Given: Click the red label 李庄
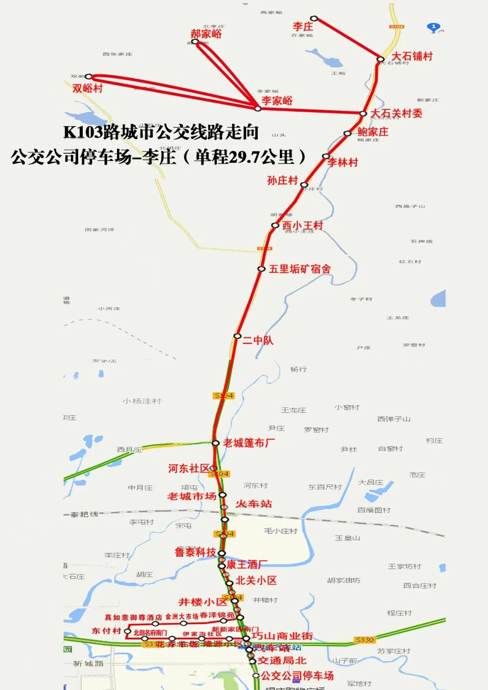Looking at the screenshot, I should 303,27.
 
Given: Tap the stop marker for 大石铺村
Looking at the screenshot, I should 380,59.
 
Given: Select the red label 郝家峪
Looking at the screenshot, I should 206,33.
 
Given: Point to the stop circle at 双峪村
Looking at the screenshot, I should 89,77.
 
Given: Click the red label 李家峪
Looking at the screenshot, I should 277,101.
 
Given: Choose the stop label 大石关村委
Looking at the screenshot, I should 396,113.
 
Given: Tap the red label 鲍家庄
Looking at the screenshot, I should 373,132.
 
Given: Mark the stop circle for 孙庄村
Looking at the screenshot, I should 304,185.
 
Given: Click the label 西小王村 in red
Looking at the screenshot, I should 303,225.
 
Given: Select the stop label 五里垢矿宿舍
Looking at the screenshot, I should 300,269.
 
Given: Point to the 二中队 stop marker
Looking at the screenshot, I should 237,336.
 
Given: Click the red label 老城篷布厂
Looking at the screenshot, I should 249,443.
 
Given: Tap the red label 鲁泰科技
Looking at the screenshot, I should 196,552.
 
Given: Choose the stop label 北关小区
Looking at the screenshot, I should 256,581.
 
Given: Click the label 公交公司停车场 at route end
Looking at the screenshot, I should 297,676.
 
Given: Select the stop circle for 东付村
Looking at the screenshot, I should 127,631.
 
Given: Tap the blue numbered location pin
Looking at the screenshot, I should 433,28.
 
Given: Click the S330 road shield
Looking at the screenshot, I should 365,640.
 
